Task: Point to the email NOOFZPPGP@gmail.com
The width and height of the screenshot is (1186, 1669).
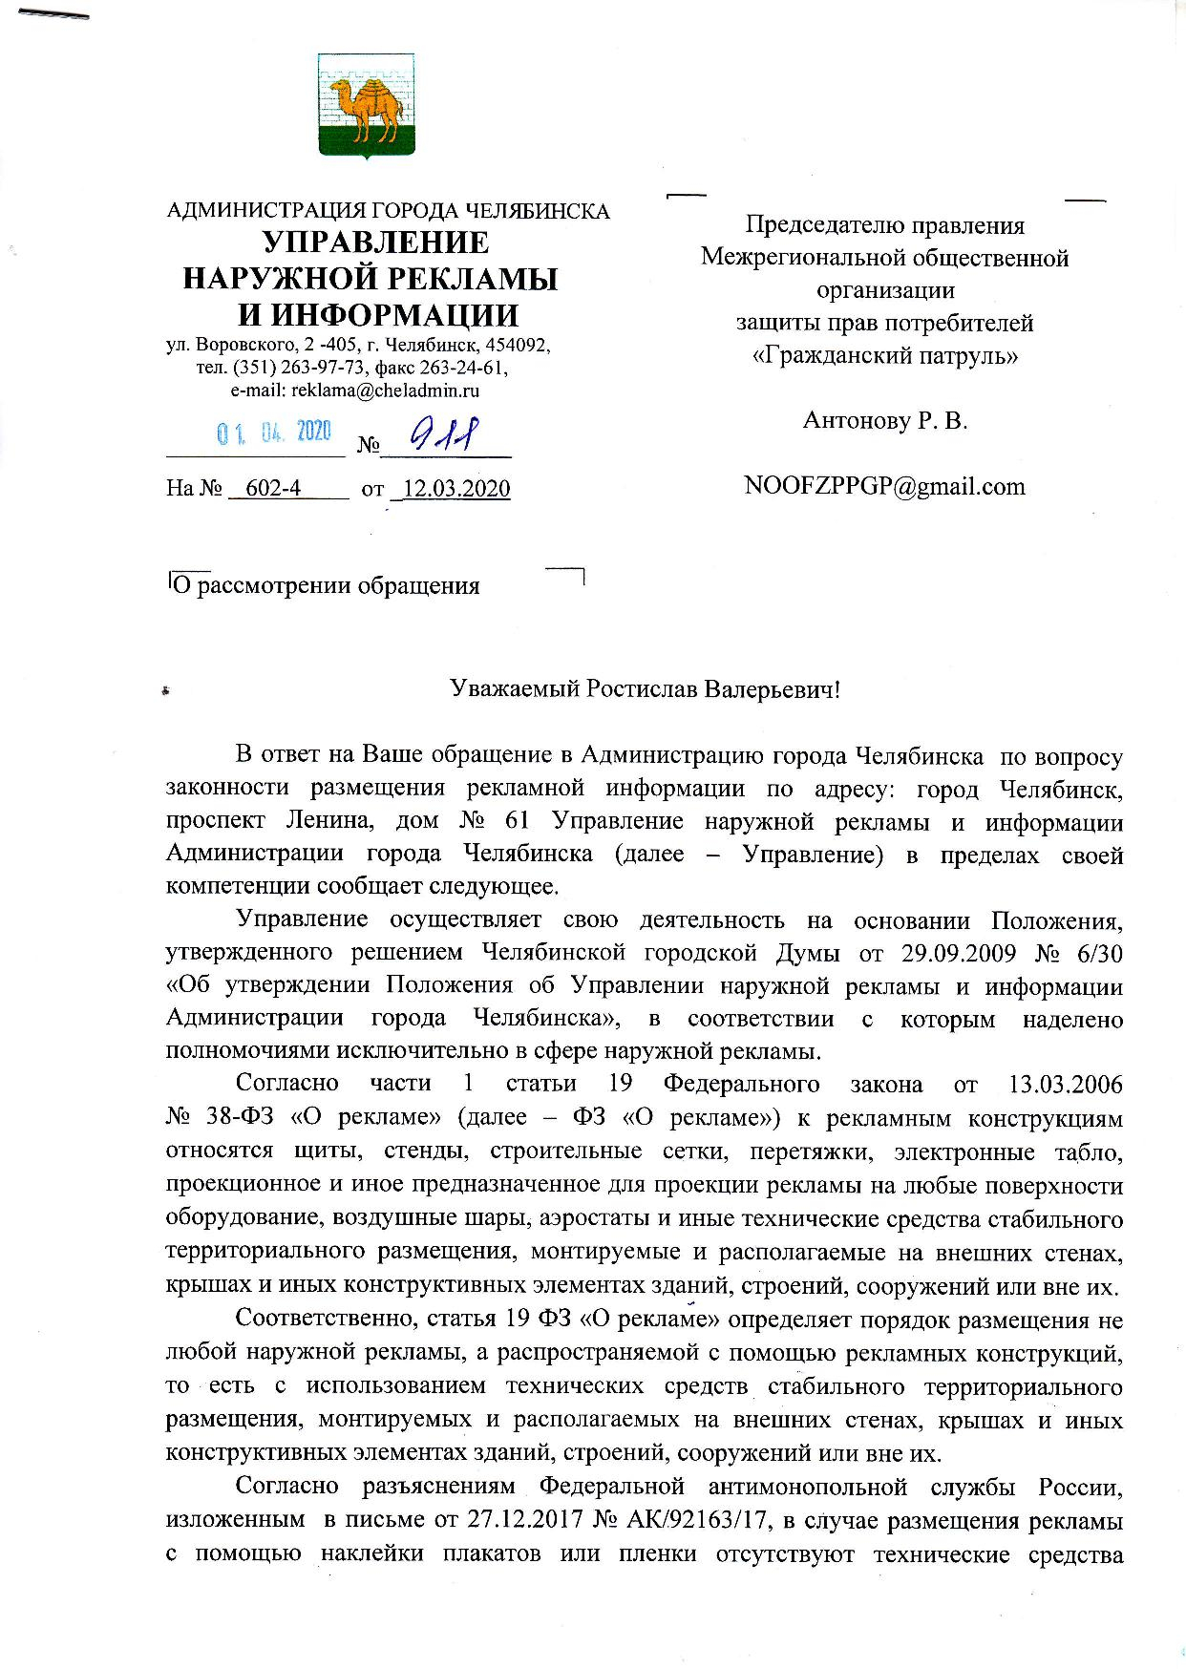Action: pyautogui.click(x=884, y=486)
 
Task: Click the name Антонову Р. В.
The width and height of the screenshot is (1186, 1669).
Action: pyautogui.click(x=885, y=420)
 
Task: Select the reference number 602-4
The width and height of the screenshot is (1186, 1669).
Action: pyautogui.click(x=273, y=489)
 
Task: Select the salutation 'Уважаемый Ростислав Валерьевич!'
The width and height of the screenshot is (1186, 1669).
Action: pyautogui.click(x=645, y=689)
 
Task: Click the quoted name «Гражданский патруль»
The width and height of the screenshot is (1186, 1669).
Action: pyautogui.click(x=884, y=356)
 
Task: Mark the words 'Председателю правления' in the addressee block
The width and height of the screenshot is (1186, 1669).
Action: pyautogui.click(x=884, y=225)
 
